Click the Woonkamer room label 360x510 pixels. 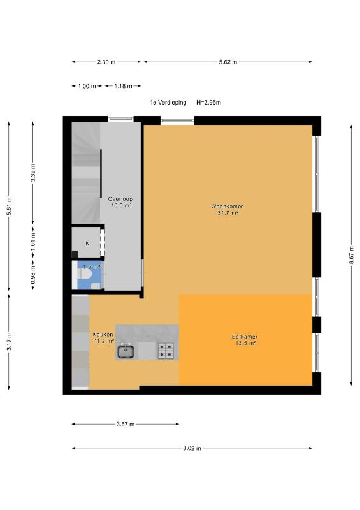tap(227, 206)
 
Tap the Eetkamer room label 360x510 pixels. tap(245, 337)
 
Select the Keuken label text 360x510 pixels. tap(103, 334)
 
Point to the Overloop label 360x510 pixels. tap(120, 199)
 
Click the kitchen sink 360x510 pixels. tap(126, 351)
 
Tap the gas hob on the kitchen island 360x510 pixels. tap(166, 351)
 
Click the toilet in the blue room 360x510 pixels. tap(84, 275)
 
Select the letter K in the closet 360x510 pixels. tap(87, 244)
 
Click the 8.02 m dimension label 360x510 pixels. tap(192, 448)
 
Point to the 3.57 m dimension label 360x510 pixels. tap(125, 424)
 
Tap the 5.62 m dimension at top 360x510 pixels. tap(227, 62)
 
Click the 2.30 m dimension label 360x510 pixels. tap(106, 62)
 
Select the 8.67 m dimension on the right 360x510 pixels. tap(352, 256)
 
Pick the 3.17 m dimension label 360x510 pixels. tap(9, 341)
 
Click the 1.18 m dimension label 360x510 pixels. tap(123, 86)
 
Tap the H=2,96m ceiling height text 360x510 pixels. tap(208, 103)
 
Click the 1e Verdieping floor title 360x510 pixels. tap(168, 103)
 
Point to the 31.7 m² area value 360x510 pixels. tap(228, 213)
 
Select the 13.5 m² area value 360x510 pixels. tap(245, 343)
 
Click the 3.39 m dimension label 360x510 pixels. tap(33, 173)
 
